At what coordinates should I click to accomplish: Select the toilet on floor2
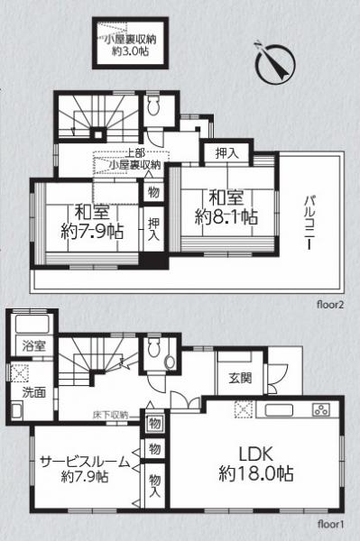click(x=154, y=109)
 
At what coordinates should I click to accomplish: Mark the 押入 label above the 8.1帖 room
click(x=226, y=154)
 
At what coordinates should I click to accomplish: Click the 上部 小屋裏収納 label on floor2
click(x=133, y=159)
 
